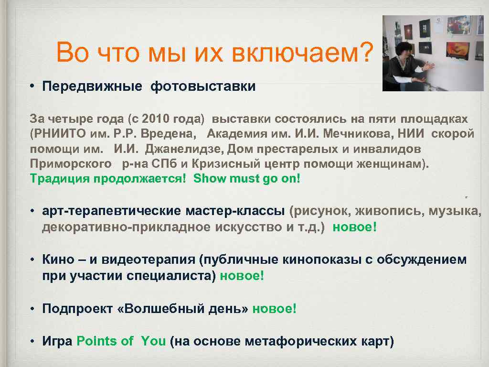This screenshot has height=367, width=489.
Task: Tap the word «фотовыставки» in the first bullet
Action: (x=203, y=86)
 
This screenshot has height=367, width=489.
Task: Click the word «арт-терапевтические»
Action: (x=111, y=211)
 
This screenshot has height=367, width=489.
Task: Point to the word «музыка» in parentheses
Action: (x=454, y=211)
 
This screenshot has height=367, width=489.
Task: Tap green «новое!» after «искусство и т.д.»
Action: (x=354, y=227)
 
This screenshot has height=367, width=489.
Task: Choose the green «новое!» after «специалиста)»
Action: (x=242, y=276)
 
